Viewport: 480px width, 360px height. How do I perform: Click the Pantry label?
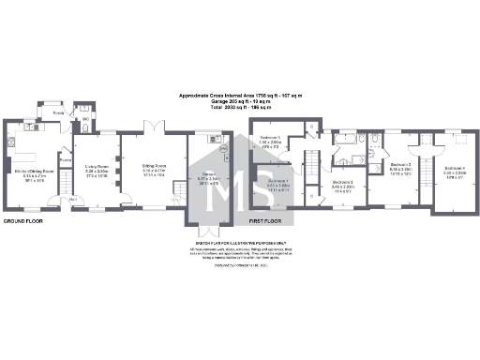pos(66,160)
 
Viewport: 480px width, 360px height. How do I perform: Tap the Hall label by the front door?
pos(73,201)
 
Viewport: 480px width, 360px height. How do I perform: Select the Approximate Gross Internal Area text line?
pos(240,96)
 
